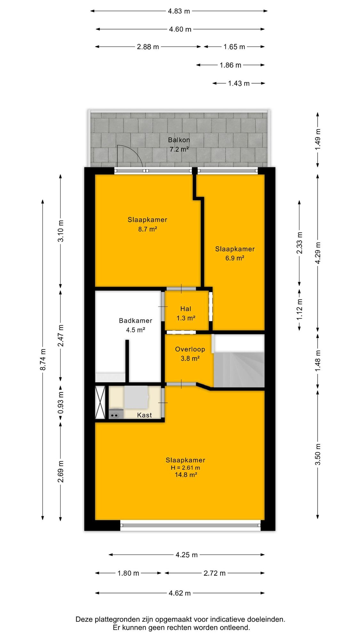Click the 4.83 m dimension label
(x=179, y=11)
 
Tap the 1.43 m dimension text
(x=239, y=84)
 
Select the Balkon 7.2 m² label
(x=179, y=145)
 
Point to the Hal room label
(x=186, y=309)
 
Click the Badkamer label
(x=135, y=321)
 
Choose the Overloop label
(x=190, y=349)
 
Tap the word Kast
(x=144, y=415)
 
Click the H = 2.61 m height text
(x=185, y=468)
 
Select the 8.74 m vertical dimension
(x=43, y=360)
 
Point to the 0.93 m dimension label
(x=61, y=402)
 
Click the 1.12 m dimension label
(x=300, y=309)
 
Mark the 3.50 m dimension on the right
(x=318, y=454)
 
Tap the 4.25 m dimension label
(x=187, y=555)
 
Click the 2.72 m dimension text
(x=214, y=573)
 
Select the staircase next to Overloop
(x=239, y=361)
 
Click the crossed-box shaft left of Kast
(x=100, y=403)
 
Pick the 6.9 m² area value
(x=235, y=258)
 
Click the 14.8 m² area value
(x=186, y=475)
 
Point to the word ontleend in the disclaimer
(x=235, y=628)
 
